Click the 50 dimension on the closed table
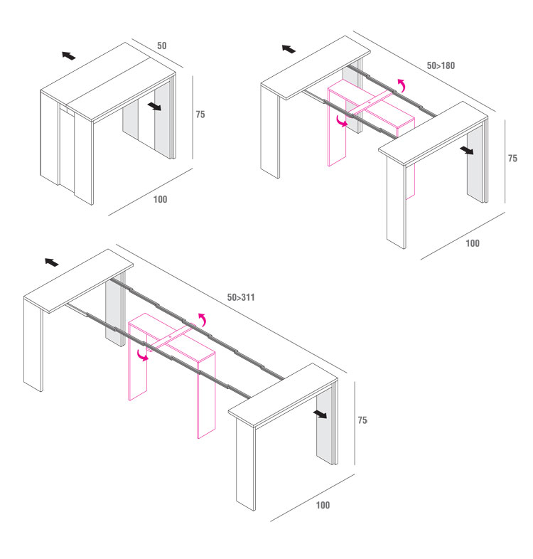162,46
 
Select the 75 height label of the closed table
200,115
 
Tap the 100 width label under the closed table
160,199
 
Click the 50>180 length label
441,66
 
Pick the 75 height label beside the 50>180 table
512,159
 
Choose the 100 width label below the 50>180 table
472,243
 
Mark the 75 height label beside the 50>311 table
362,420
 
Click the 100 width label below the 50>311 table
323,505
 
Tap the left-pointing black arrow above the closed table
68,55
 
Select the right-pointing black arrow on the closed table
154,106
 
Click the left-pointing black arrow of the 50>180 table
289,49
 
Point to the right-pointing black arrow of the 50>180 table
467,150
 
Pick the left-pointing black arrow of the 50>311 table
51,262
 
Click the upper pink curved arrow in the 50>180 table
402,86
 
